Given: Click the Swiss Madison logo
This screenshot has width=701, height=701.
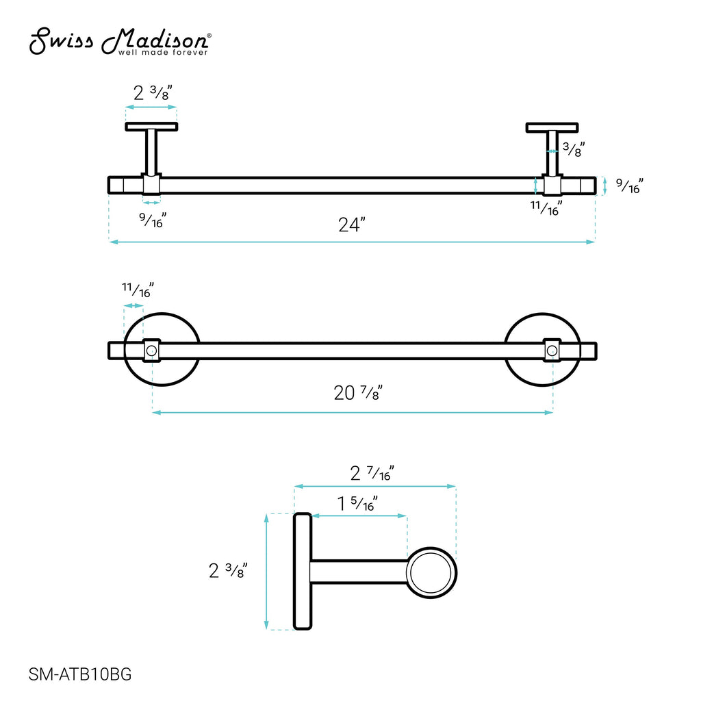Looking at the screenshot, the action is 120,42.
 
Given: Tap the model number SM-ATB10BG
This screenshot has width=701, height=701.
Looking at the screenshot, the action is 80,674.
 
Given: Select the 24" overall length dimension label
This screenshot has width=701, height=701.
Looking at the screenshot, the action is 352,225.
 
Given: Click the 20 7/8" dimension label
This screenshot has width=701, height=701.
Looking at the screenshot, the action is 358,392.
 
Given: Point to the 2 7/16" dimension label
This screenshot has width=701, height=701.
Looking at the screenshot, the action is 372,473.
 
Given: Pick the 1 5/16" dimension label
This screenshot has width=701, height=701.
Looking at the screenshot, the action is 357,503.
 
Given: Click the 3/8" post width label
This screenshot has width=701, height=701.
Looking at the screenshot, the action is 574,149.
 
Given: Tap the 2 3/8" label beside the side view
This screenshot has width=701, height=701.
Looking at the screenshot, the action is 228,570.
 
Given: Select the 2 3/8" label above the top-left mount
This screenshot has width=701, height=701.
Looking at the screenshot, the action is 153,92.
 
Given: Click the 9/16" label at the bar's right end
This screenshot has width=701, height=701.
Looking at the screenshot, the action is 630,186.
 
